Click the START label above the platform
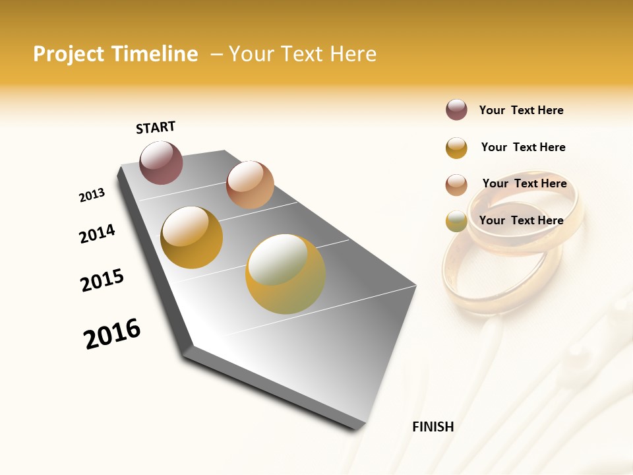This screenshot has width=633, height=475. (156, 127)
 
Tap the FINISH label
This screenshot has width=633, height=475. (433, 427)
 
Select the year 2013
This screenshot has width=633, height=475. (92, 195)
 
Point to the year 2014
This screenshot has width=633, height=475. (97, 234)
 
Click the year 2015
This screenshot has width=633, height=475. (102, 280)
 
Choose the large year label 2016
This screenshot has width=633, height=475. (112, 334)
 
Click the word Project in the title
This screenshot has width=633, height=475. (69, 54)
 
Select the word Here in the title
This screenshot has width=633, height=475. (353, 54)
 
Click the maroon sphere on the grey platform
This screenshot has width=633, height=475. (161, 162)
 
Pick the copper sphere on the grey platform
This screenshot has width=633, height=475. (250, 185)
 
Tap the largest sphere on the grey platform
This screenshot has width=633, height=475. (286, 274)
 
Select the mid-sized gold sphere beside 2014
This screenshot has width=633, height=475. (192, 237)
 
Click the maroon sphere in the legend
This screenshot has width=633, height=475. (456, 110)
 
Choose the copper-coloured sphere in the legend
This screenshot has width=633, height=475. (456, 184)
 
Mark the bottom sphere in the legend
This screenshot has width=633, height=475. (456, 221)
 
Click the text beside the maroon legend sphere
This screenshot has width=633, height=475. (521, 110)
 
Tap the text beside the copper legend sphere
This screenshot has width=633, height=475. (524, 183)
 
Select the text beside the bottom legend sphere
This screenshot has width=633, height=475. (521, 220)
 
